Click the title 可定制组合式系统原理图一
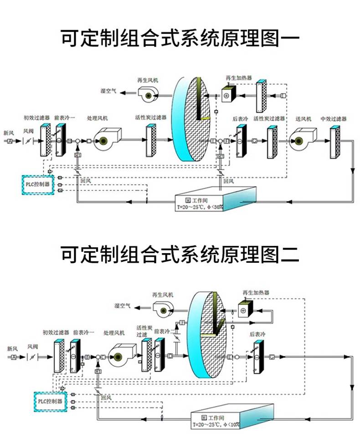point(180,38)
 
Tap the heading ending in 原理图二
point(180,254)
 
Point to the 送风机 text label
point(303,119)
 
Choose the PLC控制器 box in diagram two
point(50,401)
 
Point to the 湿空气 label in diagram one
point(108,91)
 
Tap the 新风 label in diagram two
point(13,348)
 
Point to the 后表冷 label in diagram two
point(256,334)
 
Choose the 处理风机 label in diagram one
point(97,118)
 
